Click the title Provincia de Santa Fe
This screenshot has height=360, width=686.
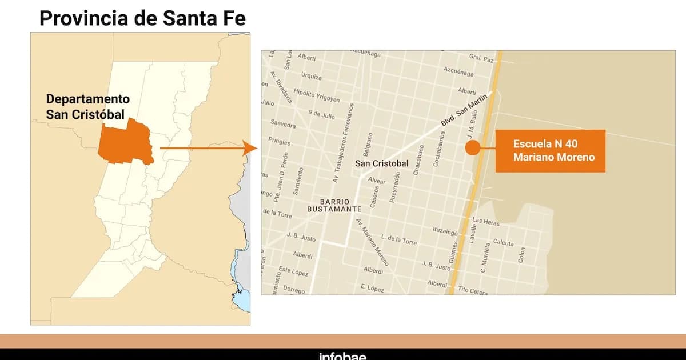pos(142,18)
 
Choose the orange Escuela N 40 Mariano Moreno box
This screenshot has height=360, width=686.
pos(550,151)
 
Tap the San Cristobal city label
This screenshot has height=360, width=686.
pos(382,163)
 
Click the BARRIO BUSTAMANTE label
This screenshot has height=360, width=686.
pos(334,205)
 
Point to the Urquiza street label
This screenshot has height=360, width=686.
pos(311,76)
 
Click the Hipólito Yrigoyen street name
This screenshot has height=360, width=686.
pos(316,95)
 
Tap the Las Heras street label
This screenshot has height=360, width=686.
pos(486,221)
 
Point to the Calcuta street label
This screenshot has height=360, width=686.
pos(503,242)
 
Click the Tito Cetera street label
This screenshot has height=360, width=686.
pos(473,290)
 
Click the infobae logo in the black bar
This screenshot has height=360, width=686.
pos(342,356)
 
